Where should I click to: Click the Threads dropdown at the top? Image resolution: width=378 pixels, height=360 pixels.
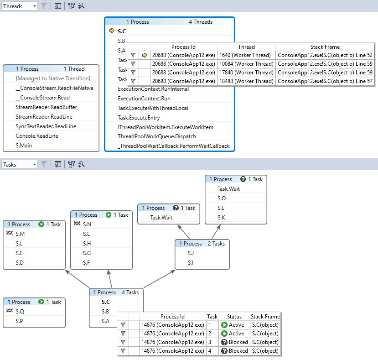[x=19, y=6]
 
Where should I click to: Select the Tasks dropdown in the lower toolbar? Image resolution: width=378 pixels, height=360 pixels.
[x=19, y=164]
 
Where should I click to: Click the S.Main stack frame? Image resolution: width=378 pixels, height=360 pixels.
[x=27, y=146]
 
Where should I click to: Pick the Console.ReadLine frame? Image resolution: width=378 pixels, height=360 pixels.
[x=37, y=136]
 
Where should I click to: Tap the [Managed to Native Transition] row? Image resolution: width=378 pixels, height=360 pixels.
[x=53, y=78]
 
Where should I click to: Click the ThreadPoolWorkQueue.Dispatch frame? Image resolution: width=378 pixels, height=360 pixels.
[x=157, y=136]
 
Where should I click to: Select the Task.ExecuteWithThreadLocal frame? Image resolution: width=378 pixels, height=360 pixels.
[x=153, y=108]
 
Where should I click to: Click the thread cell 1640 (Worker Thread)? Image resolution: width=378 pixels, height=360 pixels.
[x=246, y=55]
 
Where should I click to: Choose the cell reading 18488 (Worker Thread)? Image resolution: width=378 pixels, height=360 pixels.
[x=246, y=81]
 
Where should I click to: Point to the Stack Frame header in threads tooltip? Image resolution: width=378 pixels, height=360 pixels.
[x=325, y=47]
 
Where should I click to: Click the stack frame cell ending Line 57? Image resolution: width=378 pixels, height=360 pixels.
[x=325, y=81]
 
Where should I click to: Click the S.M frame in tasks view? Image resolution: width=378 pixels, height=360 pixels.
[x=20, y=234]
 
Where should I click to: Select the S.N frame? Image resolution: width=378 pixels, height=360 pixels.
[x=87, y=224]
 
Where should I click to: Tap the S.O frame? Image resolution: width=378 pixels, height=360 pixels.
[x=222, y=198]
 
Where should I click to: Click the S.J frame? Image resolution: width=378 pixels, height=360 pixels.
[x=191, y=253]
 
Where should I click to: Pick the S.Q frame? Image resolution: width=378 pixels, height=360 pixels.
[x=20, y=311]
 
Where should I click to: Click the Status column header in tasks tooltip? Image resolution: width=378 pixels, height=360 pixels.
[x=234, y=316]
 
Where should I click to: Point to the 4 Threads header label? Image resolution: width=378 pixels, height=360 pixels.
[x=201, y=22]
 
